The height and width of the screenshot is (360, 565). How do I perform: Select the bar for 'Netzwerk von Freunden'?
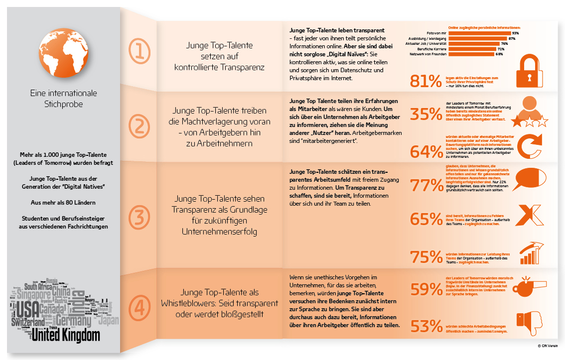471,54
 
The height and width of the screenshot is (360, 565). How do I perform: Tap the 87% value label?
511,38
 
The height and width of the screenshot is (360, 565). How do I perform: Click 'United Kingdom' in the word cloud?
65,336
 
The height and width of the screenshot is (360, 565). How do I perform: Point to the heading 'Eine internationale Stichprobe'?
63,99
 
